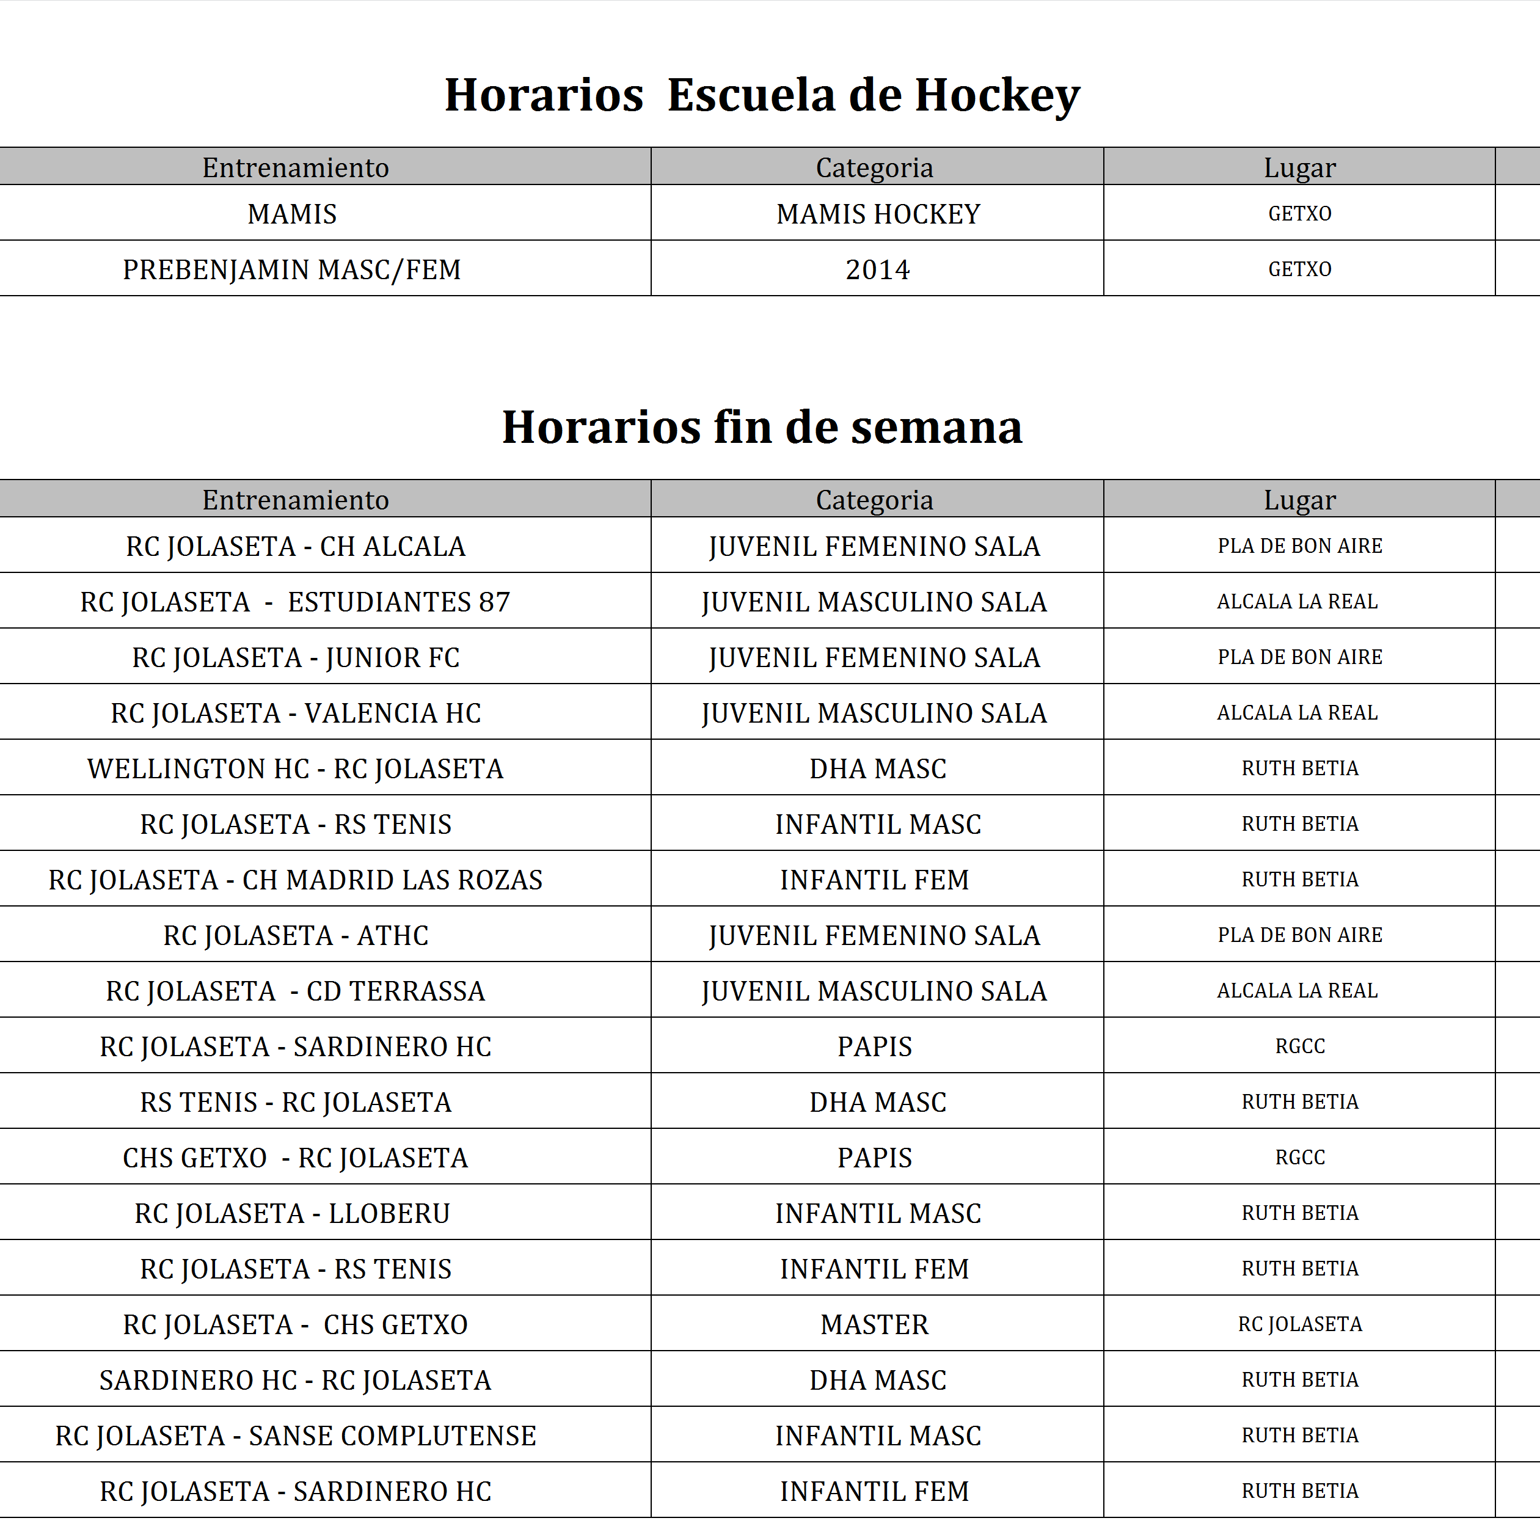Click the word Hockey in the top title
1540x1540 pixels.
tap(996, 96)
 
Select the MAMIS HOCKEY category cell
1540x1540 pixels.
tap(878, 214)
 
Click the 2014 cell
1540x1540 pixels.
tap(878, 269)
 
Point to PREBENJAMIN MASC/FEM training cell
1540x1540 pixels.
tap(292, 269)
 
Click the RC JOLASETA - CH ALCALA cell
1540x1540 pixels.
tap(296, 546)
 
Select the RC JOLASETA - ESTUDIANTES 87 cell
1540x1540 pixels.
tap(296, 602)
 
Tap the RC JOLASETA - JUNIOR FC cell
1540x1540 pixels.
tap(296, 658)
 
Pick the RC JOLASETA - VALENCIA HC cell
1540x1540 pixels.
tap(296, 713)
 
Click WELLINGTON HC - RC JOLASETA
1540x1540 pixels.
tap(296, 768)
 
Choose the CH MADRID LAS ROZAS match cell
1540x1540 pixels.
tap(296, 879)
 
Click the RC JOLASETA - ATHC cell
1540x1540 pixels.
tap(296, 935)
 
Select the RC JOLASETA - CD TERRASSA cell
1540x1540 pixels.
tap(296, 991)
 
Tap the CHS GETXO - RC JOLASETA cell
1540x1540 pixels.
tap(296, 1158)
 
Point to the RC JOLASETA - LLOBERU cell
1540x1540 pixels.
tap(293, 1213)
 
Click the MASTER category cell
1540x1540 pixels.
tap(874, 1324)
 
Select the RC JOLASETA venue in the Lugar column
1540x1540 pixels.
tap(1299, 1324)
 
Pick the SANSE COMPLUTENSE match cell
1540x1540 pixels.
tap(296, 1436)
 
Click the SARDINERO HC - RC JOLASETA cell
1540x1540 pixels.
tap(296, 1380)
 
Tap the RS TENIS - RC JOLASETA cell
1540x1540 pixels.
tap(296, 1101)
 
